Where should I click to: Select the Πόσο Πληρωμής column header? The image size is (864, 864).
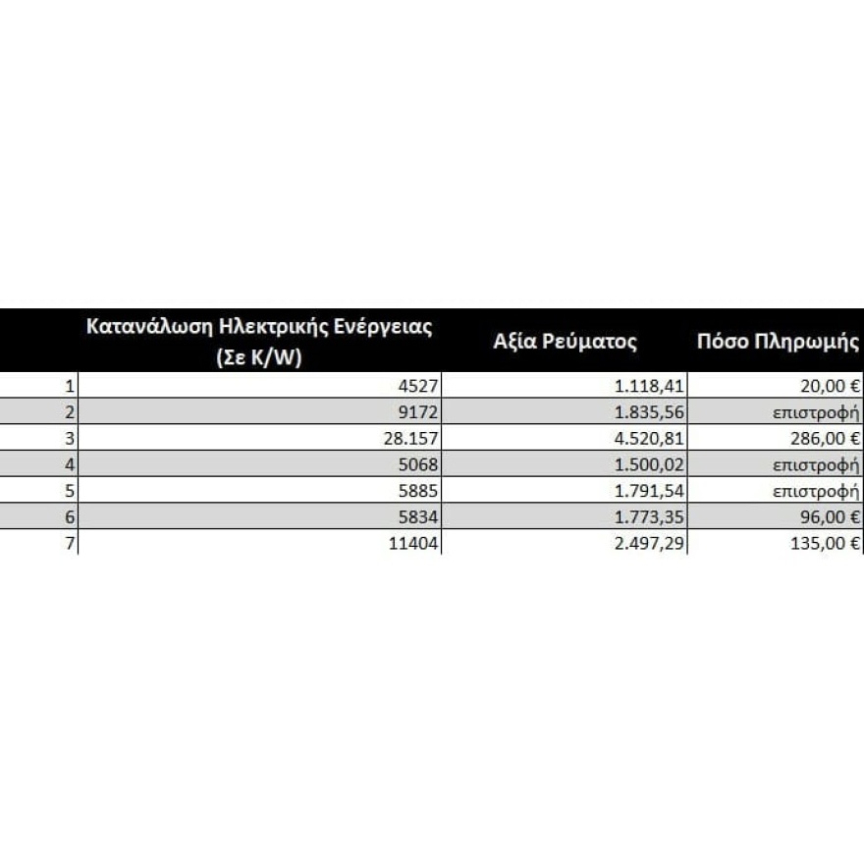pos(778,342)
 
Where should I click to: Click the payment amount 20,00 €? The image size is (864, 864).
pos(829,387)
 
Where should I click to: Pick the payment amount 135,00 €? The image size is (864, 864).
pos(825,545)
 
